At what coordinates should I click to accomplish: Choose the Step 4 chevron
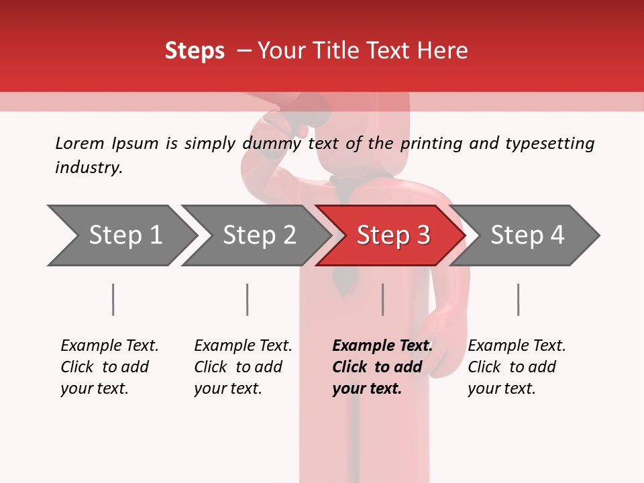click(527, 235)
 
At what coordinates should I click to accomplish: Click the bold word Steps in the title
click(195, 51)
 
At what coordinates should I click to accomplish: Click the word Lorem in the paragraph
click(79, 143)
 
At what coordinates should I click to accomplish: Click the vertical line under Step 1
click(113, 299)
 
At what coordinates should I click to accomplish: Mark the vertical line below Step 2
click(247, 299)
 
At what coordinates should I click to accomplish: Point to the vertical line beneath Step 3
click(382, 299)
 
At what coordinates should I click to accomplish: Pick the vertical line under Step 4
click(518, 299)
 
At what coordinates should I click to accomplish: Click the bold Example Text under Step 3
click(382, 345)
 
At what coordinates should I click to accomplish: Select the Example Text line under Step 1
click(109, 345)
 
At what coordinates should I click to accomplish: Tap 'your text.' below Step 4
click(501, 388)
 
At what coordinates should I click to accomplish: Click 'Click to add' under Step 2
click(238, 367)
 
